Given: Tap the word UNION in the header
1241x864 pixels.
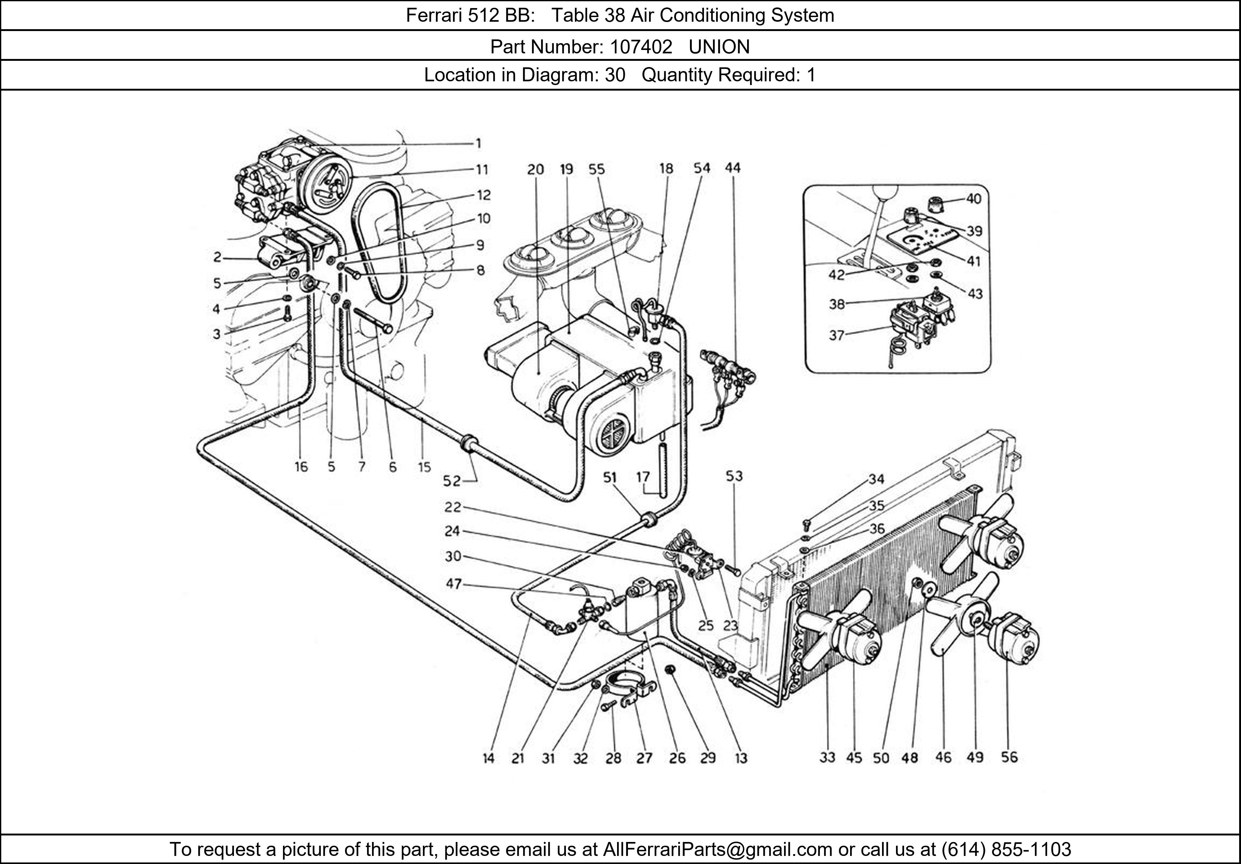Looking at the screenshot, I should [719, 47].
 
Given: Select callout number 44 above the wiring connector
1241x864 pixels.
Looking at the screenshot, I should [733, 168].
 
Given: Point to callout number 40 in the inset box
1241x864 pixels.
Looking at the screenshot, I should [974, 199].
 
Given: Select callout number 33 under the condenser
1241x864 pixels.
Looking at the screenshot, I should [827, 758].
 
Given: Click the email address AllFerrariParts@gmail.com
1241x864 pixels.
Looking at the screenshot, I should [717, 849].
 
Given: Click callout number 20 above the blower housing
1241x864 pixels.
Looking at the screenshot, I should [535, 169].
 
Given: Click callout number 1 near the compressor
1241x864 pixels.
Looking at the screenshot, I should [478, 143].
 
